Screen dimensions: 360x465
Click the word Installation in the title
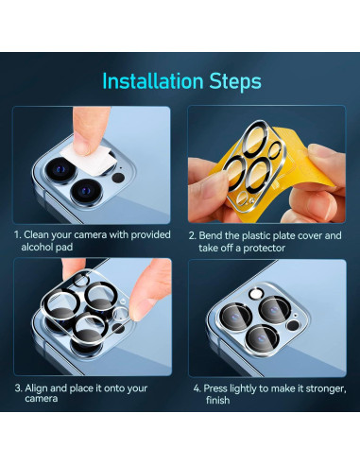click(153, 81)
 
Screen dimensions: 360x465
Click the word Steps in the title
click(235, 81)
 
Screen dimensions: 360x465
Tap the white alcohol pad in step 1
click(88, 159)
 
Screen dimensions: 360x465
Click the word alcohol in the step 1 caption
click(38, 247)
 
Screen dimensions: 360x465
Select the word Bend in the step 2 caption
click(211, 235)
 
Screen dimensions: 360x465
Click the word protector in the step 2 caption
click(264, 248)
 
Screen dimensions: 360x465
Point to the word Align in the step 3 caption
click(36, 388)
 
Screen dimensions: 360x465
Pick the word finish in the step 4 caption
click(217, 400)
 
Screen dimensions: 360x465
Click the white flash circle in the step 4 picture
click(255, 294)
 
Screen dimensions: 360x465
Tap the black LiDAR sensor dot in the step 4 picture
click(293, 325)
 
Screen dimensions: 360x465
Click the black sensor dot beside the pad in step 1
click(118, 178)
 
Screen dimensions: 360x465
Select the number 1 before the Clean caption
click(17, 234)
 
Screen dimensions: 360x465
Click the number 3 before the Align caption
click(18, 388)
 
